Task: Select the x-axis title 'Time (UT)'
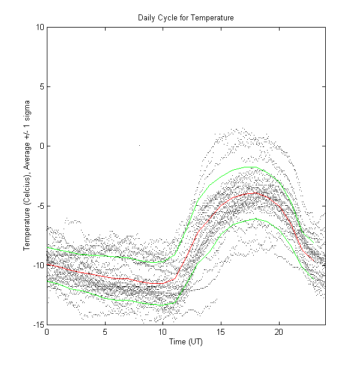click(185, 341)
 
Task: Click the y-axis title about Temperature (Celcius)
click(27, 176)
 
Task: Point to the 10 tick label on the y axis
click(39, 26)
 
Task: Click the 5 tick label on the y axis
click(41, 86)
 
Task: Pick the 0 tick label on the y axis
click(41, 146)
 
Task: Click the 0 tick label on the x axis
click(47, 332)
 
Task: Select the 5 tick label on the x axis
click(105, 332)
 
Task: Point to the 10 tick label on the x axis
click(163, 332)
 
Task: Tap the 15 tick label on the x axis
click(221, 332)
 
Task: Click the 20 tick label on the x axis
click(278, 332)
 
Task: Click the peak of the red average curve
click(254, 193)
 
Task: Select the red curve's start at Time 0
click(47, 263)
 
